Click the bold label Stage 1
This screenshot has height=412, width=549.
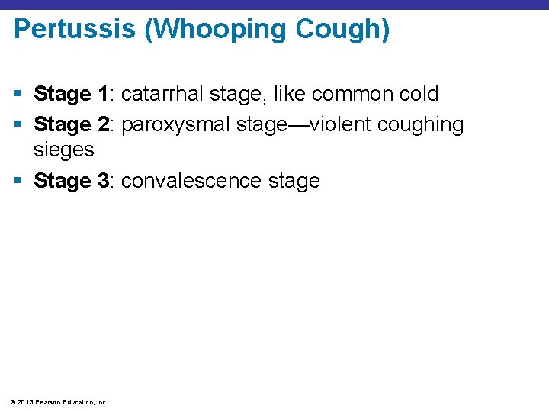click(72, 95)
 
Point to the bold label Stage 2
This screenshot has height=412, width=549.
click(72, 124)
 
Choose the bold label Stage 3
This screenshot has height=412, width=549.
click(72, 182)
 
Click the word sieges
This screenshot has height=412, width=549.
click(64, 150)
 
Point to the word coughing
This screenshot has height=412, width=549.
click(420, 124)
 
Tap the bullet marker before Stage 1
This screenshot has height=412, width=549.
click(18, 95)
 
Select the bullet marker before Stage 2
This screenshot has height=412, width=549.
click(18, 124)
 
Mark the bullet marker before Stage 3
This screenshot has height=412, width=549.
click(18, 182)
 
